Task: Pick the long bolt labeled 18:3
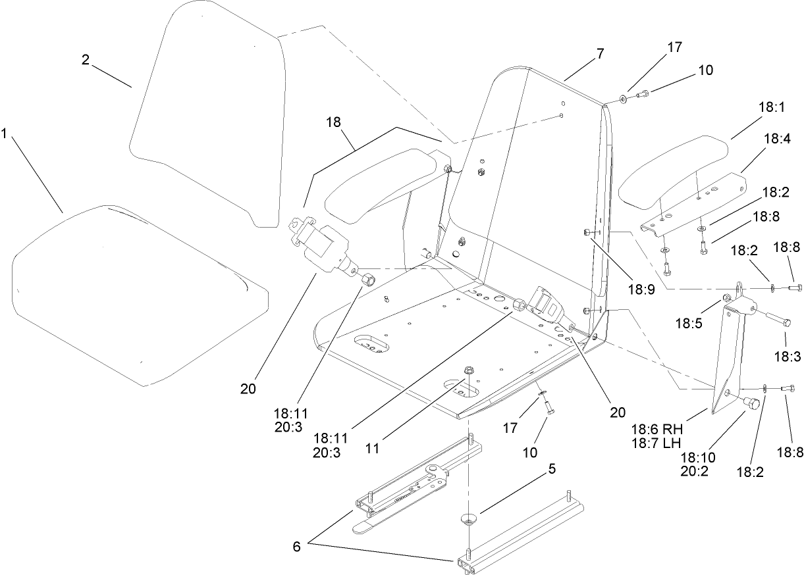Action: pyautogui.click(x=780, y=320)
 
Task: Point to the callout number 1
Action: pyautogui.click(x=5, y=133)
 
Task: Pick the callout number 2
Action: pyautogui.click(x=86, y=59)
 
